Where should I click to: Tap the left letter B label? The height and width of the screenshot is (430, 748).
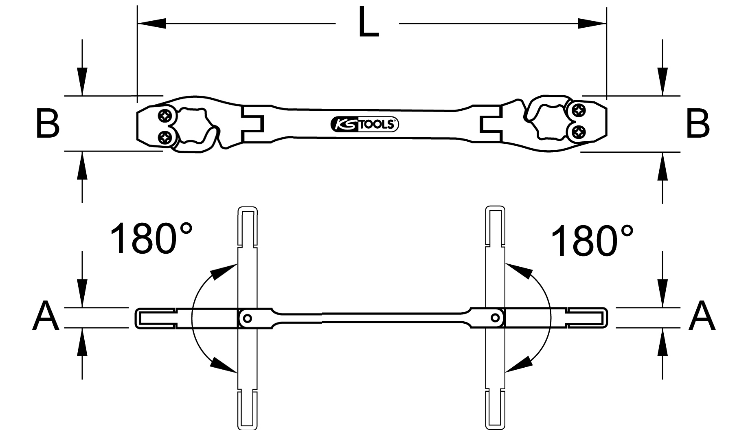point(48,123)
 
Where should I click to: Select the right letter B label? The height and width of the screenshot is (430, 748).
point(698,123)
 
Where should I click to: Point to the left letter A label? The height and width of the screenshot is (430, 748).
point(46,316)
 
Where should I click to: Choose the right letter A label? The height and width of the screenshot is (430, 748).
point(702,316)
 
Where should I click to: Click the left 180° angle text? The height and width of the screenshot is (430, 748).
point(151,239)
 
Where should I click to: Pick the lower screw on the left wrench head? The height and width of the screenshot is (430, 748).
point(165,138)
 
